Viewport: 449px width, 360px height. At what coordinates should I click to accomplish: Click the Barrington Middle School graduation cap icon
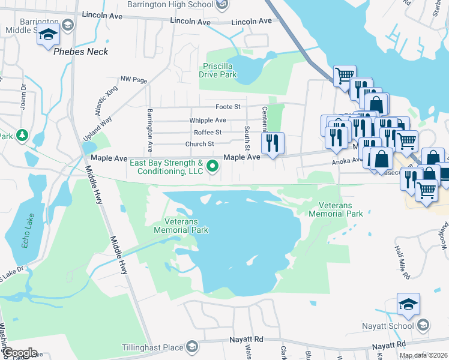48,35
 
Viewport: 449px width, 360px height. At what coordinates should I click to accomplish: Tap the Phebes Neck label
81,52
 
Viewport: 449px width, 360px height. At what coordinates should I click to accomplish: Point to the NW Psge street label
133,79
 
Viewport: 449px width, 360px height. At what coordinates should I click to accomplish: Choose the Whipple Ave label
208,120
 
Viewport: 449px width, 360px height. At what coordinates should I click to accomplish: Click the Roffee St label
208,132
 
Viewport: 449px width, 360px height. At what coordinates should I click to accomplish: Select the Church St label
199,144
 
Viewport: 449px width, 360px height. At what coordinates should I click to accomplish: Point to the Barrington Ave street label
150,131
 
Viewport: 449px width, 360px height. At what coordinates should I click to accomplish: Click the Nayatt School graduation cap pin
408,305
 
